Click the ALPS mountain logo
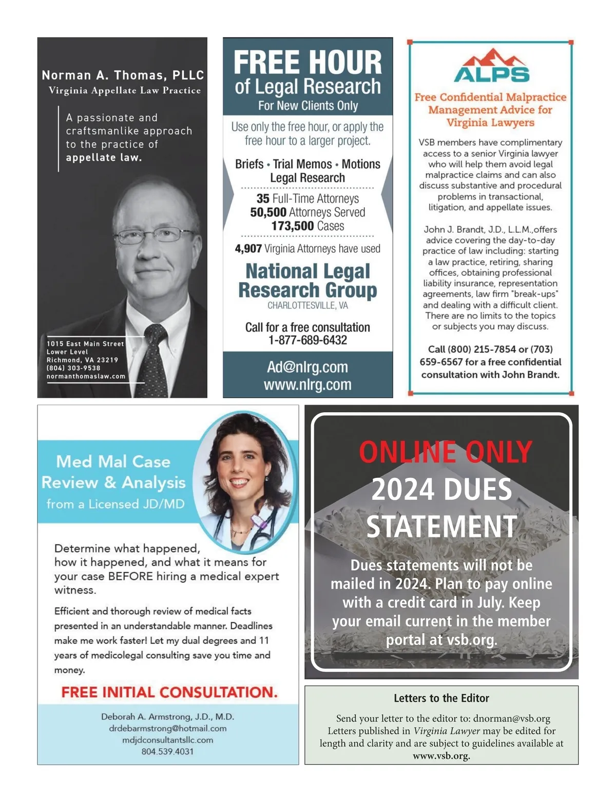pos(491,66)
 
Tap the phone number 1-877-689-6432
pos(307,340)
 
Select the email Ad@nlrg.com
pos(307,367)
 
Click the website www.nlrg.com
pos(307,385)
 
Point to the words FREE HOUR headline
pos(307,63)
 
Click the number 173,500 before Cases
pos(292,226)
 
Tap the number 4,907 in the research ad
pos(248,249)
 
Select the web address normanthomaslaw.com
pos(86,376)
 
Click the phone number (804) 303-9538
pos(73,368)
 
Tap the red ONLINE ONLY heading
pos(445,452)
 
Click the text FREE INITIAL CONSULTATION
pos(169,692)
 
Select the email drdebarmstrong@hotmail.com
pos(167,728)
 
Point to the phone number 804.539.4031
pos(167,752)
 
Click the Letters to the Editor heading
pos(441,698)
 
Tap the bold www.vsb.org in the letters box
pos(441,756)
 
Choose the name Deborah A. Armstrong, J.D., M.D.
pos(167,716)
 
